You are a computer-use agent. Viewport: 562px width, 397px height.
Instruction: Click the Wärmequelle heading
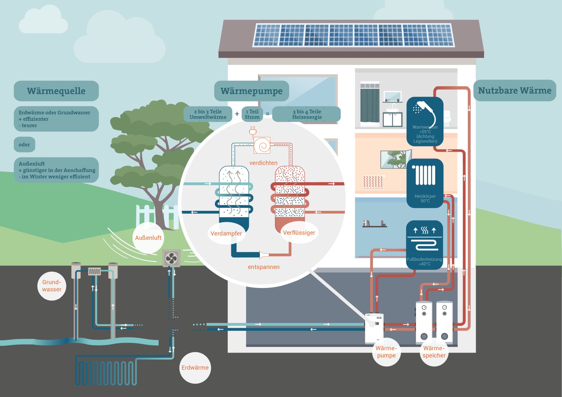pos(56,91)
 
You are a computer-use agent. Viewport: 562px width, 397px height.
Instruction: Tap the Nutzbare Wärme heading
pos(515,90)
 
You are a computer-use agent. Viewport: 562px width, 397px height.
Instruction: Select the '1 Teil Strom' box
pos(252,114)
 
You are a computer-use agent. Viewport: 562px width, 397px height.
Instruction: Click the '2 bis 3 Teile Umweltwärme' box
pos(208,114)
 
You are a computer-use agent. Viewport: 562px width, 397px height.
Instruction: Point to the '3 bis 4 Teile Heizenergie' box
pos(307,114)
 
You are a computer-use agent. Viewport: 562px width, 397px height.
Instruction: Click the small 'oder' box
pos(24,145)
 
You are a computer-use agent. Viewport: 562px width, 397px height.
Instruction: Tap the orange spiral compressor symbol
pos(262,145)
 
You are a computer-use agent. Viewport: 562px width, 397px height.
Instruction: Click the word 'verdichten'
pos(263,163)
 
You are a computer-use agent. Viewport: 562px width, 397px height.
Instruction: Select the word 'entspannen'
pos(264,267)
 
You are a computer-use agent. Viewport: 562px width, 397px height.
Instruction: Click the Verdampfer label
pos(226,233)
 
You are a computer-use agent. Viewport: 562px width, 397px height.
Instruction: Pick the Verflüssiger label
pos(299,232)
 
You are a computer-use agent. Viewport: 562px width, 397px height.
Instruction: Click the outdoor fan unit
pos(171,258)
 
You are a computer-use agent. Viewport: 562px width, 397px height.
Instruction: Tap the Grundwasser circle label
pos(52,286)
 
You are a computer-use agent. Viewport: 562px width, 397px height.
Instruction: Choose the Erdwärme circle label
pos(195,368)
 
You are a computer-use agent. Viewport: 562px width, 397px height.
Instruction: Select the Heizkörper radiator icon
pos(425,175)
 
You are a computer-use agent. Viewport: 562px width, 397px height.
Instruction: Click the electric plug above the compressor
pos(253,131)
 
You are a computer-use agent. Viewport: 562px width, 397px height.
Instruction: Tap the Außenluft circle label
pos(148,238)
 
